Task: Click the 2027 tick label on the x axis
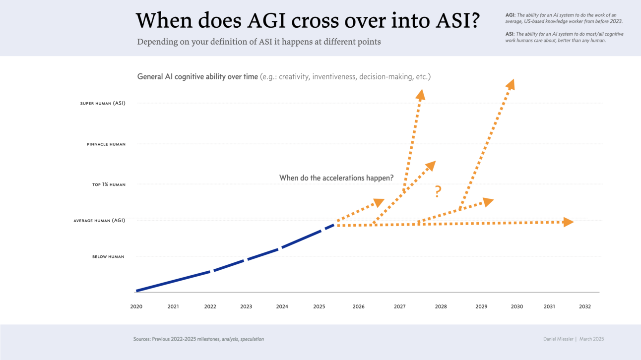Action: pos(399,306)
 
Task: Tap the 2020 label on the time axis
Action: pos(136,306)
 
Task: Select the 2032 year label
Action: pos(585,306)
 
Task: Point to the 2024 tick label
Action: pos(282,306)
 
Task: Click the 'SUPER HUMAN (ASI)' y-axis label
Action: pos(103,104)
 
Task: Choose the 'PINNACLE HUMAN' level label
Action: pos(106,144)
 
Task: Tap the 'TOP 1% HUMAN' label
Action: pos(109,184)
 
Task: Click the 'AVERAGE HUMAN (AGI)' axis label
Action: pos(99,221)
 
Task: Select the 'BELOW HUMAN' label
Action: pos(108,257)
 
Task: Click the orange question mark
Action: pos(438,191)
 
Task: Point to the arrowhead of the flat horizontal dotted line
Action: pos(569,222)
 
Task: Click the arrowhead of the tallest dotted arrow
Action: pos(511,84)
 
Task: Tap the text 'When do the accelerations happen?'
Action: pos(336,178)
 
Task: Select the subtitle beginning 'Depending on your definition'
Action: pos(259,42)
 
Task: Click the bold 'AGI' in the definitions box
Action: pos(510,15)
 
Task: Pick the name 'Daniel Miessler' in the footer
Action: pos(558,339)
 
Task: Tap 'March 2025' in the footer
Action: pos(591,339)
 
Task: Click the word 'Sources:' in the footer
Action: pos(142,339)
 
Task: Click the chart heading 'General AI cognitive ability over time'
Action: pos(197,77)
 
